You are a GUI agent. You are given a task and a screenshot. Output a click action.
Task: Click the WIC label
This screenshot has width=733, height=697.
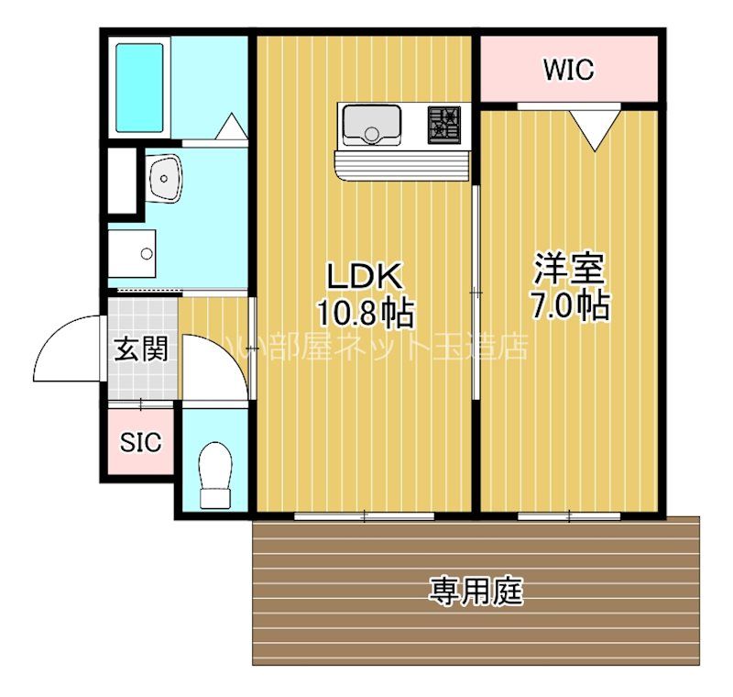(568, 69)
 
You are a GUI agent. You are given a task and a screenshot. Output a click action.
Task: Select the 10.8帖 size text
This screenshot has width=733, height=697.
(365, 314)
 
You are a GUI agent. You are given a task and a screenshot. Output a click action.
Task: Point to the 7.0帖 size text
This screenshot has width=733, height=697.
(569, 305)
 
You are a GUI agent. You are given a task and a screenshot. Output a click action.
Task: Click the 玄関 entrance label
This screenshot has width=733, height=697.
(140, 348)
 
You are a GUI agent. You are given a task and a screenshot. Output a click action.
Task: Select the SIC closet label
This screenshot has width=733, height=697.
(141, 442)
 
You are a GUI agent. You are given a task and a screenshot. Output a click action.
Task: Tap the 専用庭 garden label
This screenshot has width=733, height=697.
(476, 592)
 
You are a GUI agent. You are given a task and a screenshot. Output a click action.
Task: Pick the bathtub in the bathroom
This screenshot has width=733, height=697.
(139, 86)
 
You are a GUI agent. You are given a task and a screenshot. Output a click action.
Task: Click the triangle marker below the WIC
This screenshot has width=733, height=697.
(595, 128)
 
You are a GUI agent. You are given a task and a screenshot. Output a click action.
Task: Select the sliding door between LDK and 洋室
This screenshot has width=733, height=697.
(476, 292)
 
